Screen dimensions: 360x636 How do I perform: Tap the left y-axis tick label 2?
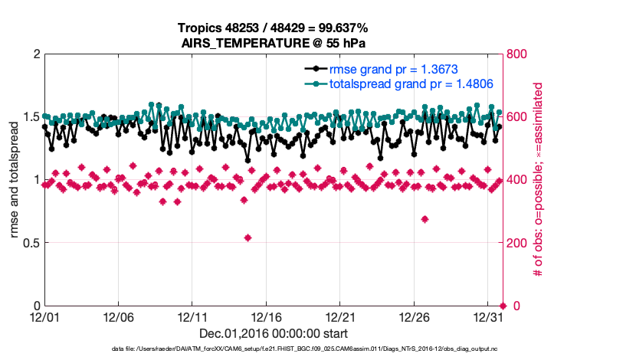(35, 54)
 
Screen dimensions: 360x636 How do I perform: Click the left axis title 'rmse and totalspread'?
(15, 180)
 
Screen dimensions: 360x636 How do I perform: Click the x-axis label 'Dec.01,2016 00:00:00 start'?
(274, 333)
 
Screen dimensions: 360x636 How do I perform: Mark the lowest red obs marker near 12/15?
(248, 237)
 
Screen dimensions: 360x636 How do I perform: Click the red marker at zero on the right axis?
(503, 306)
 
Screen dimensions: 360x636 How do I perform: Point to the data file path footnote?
(304, 349)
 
